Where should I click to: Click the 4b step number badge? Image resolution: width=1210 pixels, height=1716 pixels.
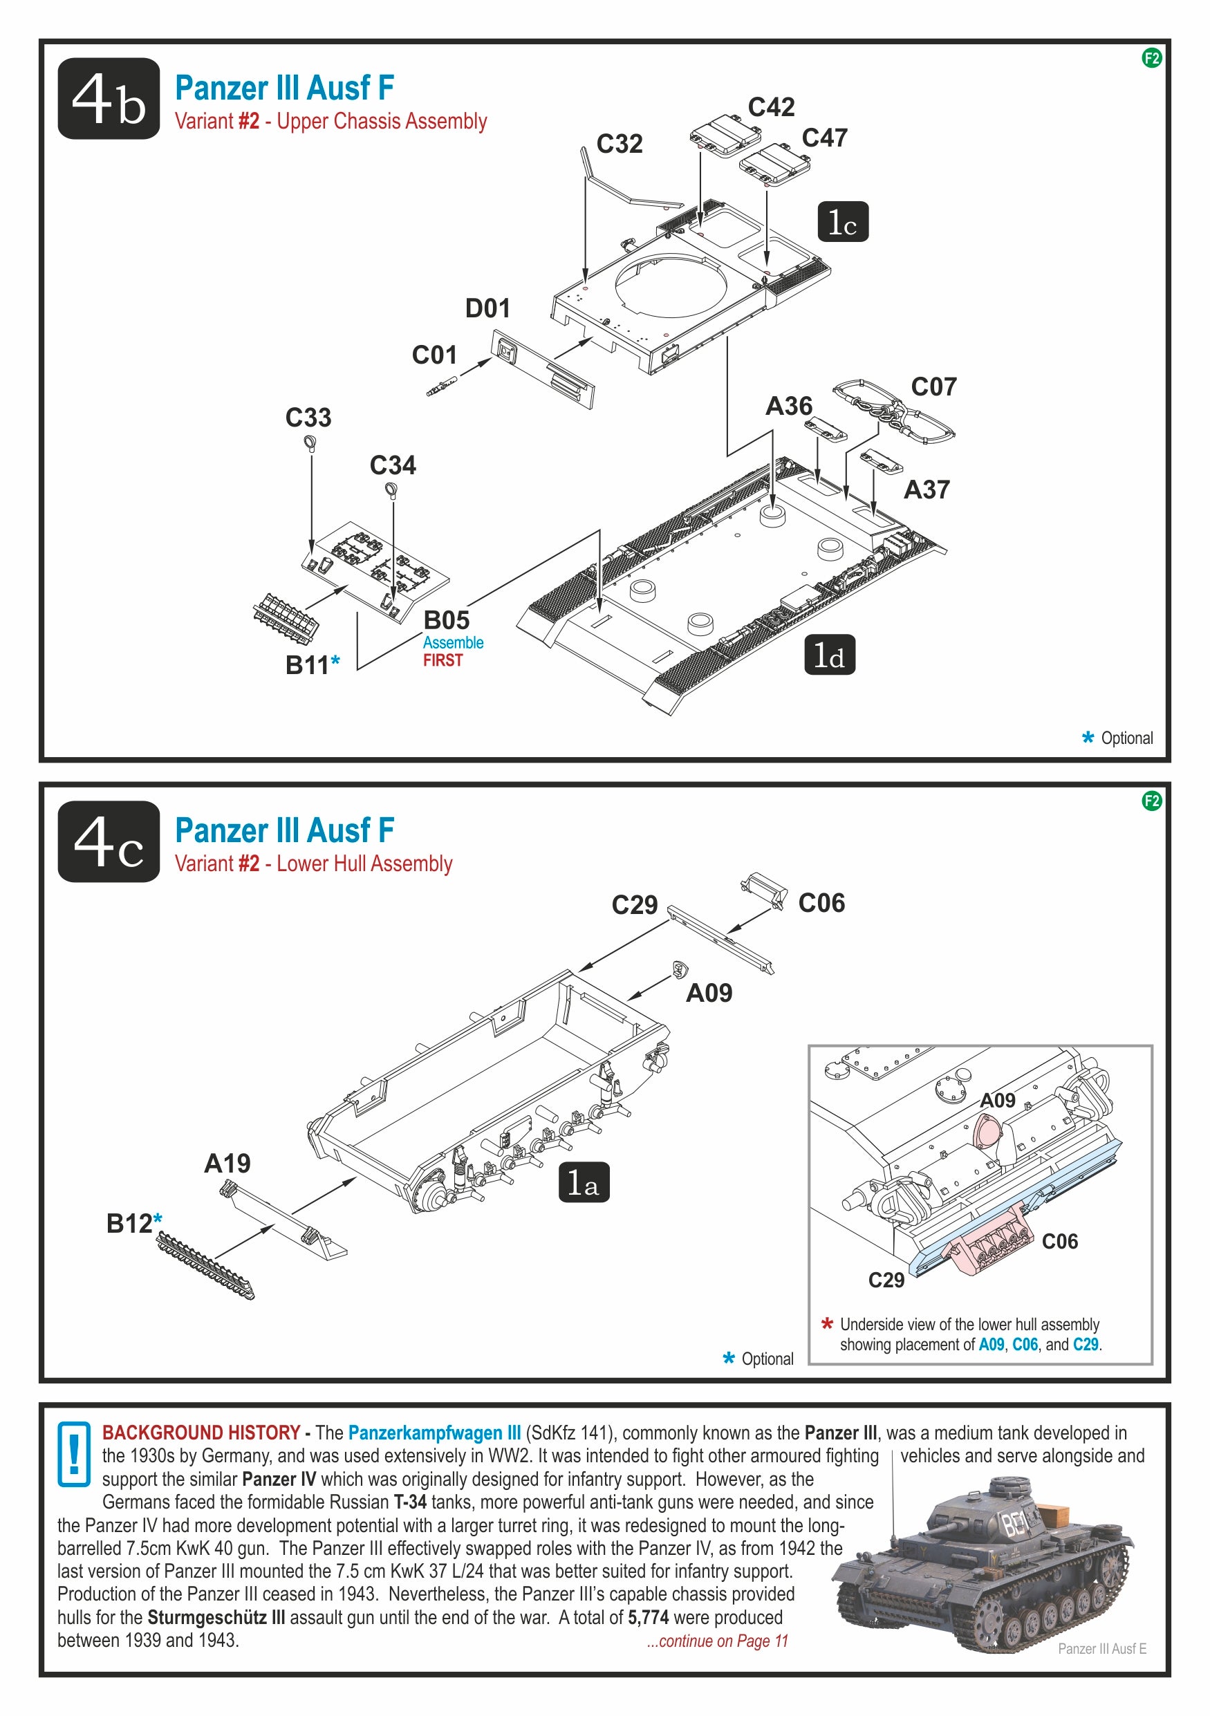pyautogui.click(x=109, y=99)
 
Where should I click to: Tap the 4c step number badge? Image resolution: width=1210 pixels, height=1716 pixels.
pyautogui.click(x=109, y=841)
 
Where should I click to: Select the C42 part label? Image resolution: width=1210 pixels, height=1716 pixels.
pyautogui.click(x=772, y=108)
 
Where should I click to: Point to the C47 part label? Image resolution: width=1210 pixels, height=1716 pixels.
pyautogui.click(x=824, y=138)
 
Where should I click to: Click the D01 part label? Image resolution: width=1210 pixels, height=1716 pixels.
pyautogui.click(x=487, y=308)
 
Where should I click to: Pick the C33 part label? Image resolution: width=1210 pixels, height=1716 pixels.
pyautogui.click(x=308, y=418)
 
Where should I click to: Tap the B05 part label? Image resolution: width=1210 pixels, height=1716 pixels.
pyautogui.click(x=446, y=620)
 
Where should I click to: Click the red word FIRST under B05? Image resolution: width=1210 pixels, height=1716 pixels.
pyautogui.click(x=443, y=661)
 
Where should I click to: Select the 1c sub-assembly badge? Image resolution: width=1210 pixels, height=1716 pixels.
pyautogui.click(x=842, y=222)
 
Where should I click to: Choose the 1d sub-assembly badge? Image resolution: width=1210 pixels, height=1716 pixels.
pyautogui.click(x=829, y=655)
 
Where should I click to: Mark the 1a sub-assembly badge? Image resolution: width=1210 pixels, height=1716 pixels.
pyautogui.click(x=584, y=1182)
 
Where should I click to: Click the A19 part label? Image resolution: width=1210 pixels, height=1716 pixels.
pyautogui.click(x=227, y=1164)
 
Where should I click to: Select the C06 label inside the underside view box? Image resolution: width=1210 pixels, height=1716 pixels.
pyautogui.click(x=1059, y=1242)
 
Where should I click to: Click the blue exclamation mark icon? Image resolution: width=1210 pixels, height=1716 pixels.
pyautogui.click(x=74, y=1455)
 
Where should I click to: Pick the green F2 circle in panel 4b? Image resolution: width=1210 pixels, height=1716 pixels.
pyautogui.click(x=1152, y=58)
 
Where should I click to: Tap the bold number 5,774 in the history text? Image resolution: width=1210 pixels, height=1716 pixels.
pyautogui.click(x=648, y=1617)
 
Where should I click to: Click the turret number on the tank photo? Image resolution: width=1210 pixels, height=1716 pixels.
pyautogui.click(x=1015, y=1522)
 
